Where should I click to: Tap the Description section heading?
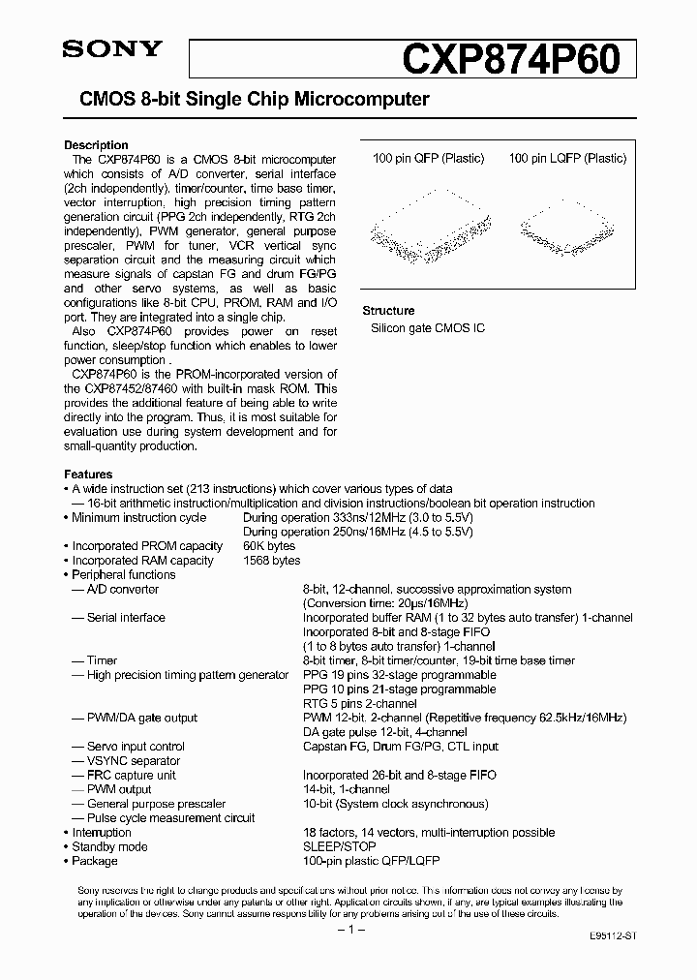coord(96,145)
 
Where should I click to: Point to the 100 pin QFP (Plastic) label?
coord(428,159)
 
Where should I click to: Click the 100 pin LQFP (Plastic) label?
coord(567,159)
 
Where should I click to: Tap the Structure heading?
coord(388,311)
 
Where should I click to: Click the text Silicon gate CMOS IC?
coord(428,329)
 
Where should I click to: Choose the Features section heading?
coord(88,475)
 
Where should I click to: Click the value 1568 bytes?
coord(271,561)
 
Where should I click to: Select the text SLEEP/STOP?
coord(339,846)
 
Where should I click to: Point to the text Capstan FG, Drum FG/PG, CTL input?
coord(401,747)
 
